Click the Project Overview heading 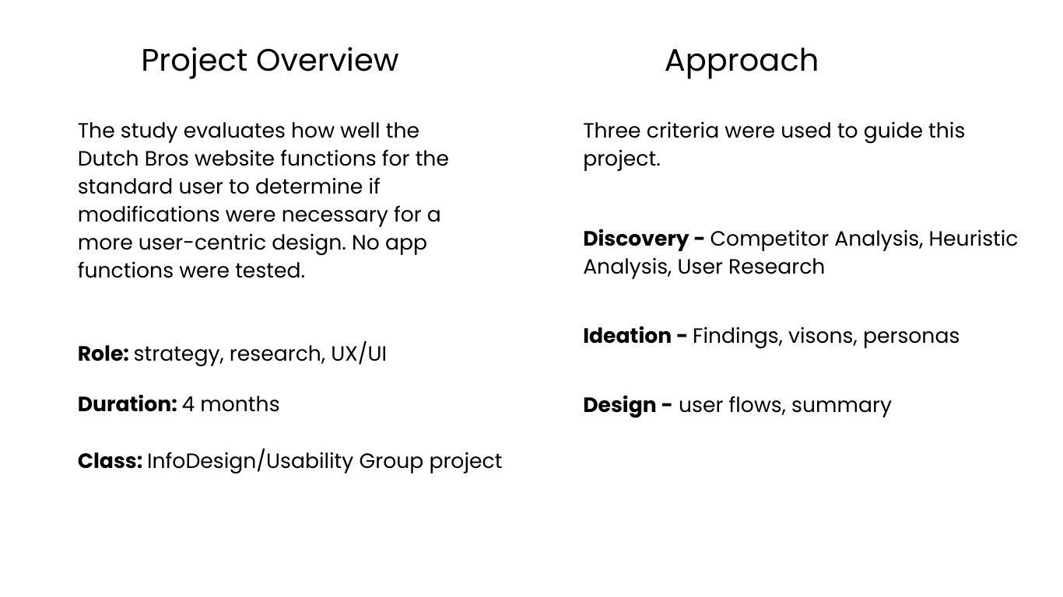pyautogui.click(x=269, y=61)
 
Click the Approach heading pyautogui.click(x=742, y=61)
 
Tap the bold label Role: pyautogui.click(x=103, y=354)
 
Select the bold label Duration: pyautogui.click(x=127, y=404)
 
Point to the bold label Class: pyautogui.click(x=110, y=461)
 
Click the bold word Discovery pyautogui.click(x=636, y=239)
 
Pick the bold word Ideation pyautogui.click(x=627, y=336)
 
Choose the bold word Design pyautogui.click(x=619, y=406)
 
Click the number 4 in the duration pyautogui.click(x=188, y=404)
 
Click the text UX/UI pyautogui.click(x=359, y=354)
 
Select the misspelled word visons pyautogui.click(x=823, y=337)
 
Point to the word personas pyautogui.click(x=911, y=337)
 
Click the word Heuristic pyautogui.click(x=973, y=239)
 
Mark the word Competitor pyautogui.click(x=769, y=239)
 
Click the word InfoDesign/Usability pyautogui.click(x=250, y=462)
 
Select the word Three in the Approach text pyautogui.click(x=612, y=131)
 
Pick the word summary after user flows pyautogui.click(x=841, y=407)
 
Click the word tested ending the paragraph pyautogui.click(x=270, y=271)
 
